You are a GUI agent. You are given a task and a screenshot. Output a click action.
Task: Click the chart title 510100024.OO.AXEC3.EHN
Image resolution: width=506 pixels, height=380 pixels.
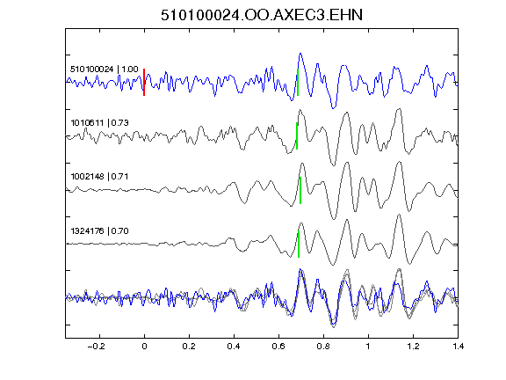[x=262, y=15]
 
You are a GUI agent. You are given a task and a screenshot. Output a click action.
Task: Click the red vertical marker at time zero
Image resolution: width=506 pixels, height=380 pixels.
[x=144, y=82]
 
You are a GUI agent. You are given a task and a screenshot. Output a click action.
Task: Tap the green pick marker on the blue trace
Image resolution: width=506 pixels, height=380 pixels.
[x=298, y=82]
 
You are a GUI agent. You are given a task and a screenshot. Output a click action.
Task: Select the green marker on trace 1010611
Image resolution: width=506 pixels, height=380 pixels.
[x=297, y=135]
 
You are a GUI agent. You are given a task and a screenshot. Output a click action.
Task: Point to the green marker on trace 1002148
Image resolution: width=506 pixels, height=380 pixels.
[x=300, y=190]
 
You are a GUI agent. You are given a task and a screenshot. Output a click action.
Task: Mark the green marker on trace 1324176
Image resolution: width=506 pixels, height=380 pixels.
[x=299, y=244]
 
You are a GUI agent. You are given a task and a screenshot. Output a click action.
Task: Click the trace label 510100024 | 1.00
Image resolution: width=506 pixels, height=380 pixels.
[x=105, y=69]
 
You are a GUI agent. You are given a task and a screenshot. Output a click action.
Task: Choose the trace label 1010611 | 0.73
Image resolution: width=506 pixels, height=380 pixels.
[x=100, y=123]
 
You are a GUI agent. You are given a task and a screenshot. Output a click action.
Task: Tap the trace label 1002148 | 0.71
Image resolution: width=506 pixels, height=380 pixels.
[x=100, y=177]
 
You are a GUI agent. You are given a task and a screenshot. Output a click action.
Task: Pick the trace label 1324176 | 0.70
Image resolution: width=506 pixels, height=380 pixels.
[x=100, y=231]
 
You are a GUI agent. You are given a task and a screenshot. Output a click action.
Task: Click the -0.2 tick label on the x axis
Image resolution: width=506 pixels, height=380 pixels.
[x=97, y=347]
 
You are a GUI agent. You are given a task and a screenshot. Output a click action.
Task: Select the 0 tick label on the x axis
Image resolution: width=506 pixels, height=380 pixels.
[x=144, y=347]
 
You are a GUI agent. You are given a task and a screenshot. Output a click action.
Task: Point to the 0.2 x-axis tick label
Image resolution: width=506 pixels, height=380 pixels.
[x=189, y=347]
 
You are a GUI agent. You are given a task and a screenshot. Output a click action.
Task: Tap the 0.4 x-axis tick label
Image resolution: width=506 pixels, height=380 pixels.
[x=234, y=347]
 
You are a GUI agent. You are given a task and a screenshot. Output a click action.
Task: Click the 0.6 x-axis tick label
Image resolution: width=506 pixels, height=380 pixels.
[x=278, y=347]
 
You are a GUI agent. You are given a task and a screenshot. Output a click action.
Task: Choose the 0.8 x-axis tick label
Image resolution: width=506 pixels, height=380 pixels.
[x=323, y=347]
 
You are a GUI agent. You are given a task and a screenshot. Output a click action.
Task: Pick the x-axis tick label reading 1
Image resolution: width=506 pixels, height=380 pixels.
[x=368, y=347]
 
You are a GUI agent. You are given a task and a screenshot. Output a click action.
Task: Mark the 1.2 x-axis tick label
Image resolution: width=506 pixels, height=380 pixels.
[x=413, y=347]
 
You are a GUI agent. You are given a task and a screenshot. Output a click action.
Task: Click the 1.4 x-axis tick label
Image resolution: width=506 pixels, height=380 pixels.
[x=458, y=347]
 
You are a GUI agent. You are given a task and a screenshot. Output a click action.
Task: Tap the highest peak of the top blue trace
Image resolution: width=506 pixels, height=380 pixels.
[x=300, y=54]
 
